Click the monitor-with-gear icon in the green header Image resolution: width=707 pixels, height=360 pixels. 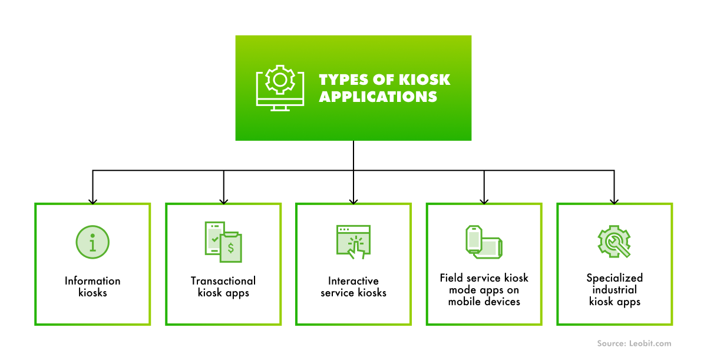pos(280,88)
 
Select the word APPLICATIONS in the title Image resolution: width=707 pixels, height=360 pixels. pos(378,97)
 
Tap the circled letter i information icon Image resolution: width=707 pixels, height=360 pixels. pos(92,242)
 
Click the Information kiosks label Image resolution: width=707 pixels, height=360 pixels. pos(92,286)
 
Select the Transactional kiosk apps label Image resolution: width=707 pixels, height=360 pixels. pos(223,286)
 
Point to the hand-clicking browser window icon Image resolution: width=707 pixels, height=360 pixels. pos(353,241)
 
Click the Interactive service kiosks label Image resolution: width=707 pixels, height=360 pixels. pos(353,286)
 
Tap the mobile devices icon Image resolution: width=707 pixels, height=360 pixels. pos(484,242)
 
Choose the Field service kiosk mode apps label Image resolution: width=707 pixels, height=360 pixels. pos(484,289)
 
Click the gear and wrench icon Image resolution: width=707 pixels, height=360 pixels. pos(614,241)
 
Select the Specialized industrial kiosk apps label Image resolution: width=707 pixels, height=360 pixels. pos(615,289)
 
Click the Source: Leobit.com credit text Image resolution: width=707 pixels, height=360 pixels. pos(634,344)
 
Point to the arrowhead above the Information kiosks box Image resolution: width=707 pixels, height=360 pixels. pos(92,200)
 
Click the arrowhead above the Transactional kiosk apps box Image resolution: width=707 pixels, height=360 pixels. pos(223,200)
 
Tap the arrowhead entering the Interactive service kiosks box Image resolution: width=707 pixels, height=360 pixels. pos(353,200)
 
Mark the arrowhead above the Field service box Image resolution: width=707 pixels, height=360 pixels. pos(484,200)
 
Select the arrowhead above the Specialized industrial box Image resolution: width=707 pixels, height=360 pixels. pos(614,200)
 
